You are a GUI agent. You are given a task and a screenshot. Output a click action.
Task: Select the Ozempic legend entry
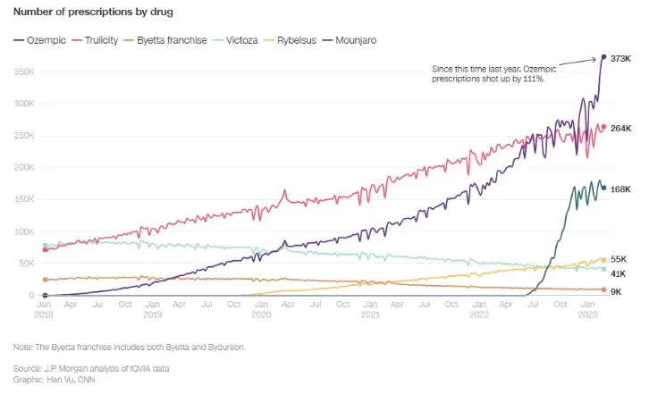click(43, 40)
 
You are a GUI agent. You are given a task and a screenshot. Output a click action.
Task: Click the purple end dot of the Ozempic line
click(603, 57)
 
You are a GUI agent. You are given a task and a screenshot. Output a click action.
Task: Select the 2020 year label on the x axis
click(261, 315)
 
